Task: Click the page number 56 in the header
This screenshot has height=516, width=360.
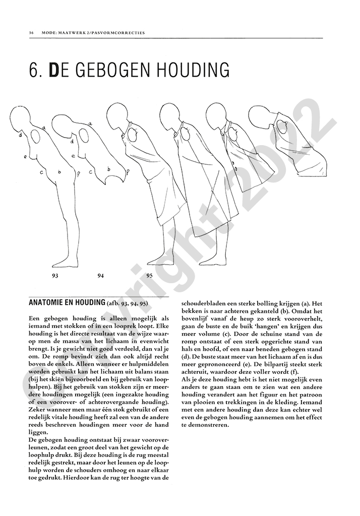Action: (x=31, y=33)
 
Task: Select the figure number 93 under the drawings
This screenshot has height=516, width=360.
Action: (x=55, y=276)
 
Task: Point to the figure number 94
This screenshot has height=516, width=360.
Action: (x=101, y=276)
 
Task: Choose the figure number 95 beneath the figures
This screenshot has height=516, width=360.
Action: (x=149, y=276)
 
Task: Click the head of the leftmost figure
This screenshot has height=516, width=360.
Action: (x=27, y=120)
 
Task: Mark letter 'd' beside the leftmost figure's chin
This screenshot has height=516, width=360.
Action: (x=20, y=136)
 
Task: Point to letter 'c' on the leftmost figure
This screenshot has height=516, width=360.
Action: (x=41, y=172)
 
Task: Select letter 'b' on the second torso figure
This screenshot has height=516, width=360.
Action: (x=108, y=169)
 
